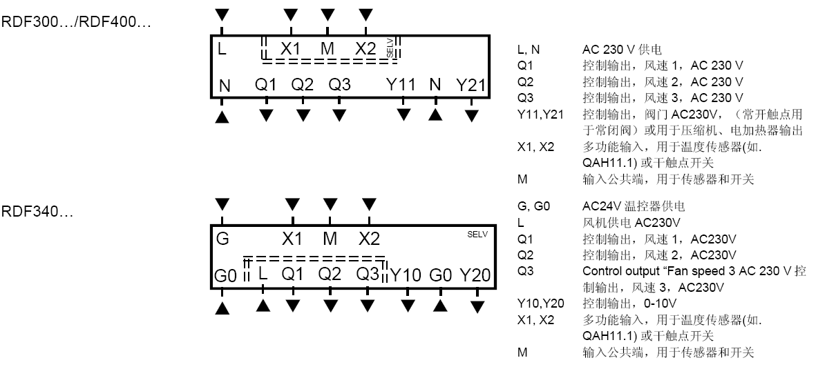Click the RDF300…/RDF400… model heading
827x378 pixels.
[76, 23]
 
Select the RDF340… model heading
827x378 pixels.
[37, 210]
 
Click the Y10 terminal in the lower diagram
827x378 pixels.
[406, 275]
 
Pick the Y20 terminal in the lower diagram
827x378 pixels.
[475, 275]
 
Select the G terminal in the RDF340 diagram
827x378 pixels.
[222, 239]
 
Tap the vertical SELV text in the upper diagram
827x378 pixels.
[390, 48]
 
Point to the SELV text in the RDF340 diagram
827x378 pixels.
[477, 235]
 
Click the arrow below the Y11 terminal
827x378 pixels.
[403, 114]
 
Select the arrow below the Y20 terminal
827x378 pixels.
[477, 304]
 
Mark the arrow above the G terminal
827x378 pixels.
[222, 203]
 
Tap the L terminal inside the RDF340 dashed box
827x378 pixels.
[262, 274]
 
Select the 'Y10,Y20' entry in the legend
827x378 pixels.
[540, 303]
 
